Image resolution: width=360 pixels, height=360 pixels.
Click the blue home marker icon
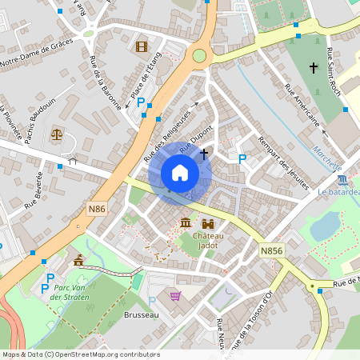point(180,173)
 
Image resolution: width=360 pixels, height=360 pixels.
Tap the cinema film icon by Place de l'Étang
point(142,46)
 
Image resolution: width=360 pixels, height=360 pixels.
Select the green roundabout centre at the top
point(198,55)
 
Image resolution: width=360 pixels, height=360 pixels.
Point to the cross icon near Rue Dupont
point(204,152)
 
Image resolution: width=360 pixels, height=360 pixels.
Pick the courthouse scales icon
point(57,133)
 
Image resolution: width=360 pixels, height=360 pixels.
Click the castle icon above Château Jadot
point(209,223)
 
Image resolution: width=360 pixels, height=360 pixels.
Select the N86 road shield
point(97,209)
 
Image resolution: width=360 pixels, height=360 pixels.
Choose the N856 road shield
point(271,250)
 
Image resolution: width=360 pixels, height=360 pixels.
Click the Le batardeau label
point(339,192)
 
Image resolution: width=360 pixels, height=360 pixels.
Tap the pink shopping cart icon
point(175,296)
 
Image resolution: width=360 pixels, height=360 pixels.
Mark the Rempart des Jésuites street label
point(282,163)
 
